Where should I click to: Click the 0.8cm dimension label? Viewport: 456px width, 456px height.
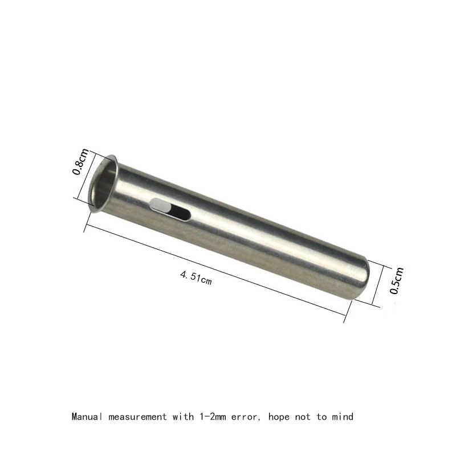coord(83,162)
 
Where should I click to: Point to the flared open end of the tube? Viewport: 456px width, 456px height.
coord(105,184)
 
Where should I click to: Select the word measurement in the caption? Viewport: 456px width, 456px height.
coord(136,417)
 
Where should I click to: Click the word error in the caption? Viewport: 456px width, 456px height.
coord(238,417)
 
